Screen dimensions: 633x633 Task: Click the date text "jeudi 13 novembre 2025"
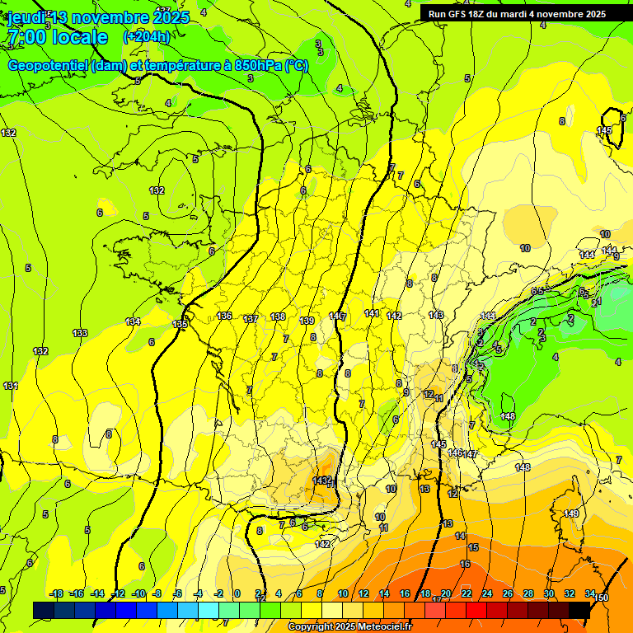pos(97,17)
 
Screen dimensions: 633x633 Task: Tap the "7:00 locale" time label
pos(57,37)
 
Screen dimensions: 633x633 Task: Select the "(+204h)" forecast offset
pos(147,36)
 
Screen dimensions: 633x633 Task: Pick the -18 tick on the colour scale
pos(57,593)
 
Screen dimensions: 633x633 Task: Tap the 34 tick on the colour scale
pos(590,593)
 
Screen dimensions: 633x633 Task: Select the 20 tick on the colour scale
pos(446,593)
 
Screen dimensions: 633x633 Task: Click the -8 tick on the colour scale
pos(157,593)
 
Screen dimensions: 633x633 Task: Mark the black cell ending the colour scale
pos(579,610)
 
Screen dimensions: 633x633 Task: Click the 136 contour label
pos(224,316)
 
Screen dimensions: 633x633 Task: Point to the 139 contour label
pos(307,321)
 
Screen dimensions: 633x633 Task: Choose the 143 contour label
pos(436,315)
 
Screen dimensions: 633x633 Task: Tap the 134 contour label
pos(133,321)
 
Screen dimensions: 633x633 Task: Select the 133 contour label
pos(80,333)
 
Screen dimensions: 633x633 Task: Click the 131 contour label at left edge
pos(10,386)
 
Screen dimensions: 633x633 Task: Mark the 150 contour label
pos(603,598)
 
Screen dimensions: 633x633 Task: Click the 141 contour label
pos(372,313)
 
